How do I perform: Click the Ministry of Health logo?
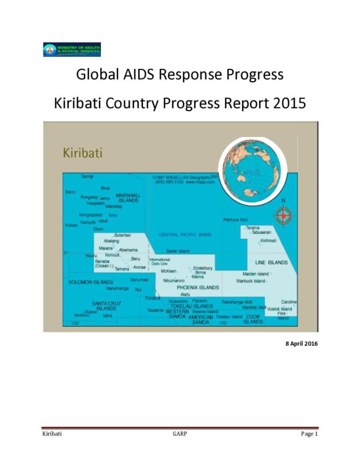(x=71, y=49)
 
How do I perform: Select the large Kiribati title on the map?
(x=83, y=153)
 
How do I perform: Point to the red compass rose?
(x=283, y=216)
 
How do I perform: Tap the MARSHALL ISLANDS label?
(x=128, y=198)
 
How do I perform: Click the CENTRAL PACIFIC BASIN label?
(x=185, y=235)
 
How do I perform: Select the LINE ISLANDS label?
(x=271, y=262)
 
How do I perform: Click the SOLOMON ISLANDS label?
(x=90, y=282)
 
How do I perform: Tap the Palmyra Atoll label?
(x=235, y=220)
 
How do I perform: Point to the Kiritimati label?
(x=269, y=241)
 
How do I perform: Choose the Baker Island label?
(x=178, y=251)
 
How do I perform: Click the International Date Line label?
(x=159, y=262)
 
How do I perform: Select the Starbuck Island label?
(x=250, y=281)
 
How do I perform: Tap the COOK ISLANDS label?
(x=253, y=319)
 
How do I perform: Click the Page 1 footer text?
(x=309, y=434)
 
